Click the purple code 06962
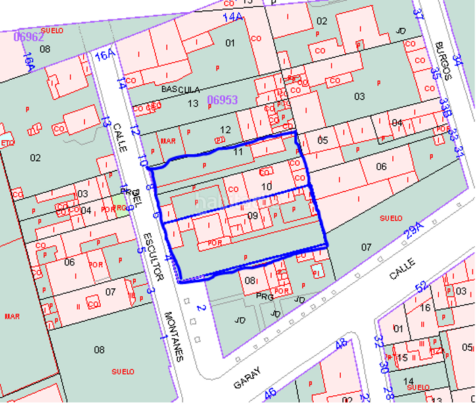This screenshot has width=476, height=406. [x=28, y=37]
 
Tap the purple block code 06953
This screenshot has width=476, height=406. [x=222, y=99]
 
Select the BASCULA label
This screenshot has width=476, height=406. [x=181, y=89]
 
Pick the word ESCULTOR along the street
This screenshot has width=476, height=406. [x=153, y=257]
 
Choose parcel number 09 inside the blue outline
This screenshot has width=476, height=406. [x=253, y=216]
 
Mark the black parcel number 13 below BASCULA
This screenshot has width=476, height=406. [x=193, y=103]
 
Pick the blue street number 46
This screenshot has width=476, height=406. [x=270, y=392]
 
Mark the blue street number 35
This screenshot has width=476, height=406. [x=436, y=73]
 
